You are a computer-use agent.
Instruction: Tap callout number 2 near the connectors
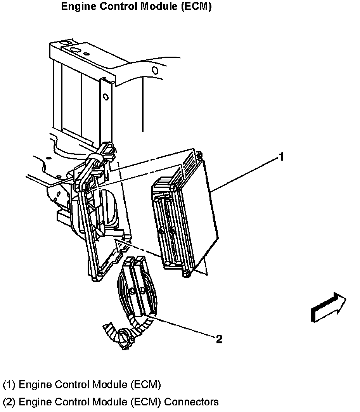click(x=219, y=339)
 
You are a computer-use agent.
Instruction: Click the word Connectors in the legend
click(x=192, y=402)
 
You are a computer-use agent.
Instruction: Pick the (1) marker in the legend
click(x=9, y=385)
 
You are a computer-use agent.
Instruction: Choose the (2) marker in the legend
click(x=9, y=402)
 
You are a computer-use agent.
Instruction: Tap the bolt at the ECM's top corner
click(x=199, y=156)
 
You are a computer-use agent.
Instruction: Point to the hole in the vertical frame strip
click(x=106, y=97)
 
